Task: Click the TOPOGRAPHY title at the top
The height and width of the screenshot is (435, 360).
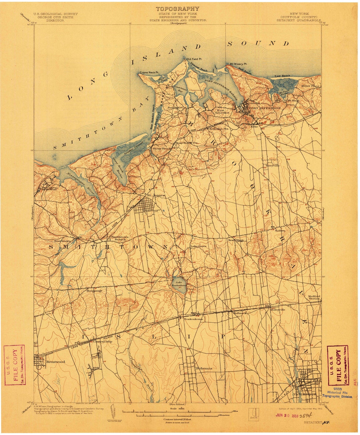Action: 178,9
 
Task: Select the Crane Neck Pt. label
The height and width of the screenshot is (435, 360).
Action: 149,72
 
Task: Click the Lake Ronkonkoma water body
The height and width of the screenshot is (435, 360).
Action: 179,283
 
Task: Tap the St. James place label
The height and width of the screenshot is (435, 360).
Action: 156,195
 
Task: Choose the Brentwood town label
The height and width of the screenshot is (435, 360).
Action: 56,361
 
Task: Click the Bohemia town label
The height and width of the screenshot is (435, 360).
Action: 204,368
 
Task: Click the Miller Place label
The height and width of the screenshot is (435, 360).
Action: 310,86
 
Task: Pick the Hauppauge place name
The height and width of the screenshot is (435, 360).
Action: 94,290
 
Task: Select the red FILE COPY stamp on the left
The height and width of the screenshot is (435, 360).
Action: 14,365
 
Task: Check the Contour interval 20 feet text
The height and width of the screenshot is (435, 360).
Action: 178,419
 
